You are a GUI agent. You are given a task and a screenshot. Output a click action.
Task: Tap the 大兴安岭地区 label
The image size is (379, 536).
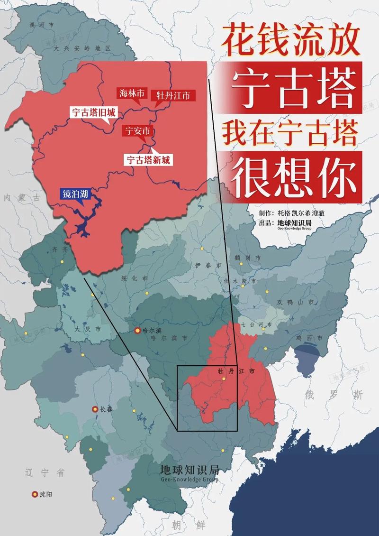pyautogui.click(x=81, y=48)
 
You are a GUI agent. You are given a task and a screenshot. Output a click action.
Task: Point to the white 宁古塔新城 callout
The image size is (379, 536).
pyautogui.click(x=148, y=159)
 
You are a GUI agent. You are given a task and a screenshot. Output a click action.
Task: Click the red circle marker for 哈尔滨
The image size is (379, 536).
pyautogui.click(x=138, y=330)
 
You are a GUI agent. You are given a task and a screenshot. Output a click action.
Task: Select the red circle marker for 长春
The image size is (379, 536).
pyautogui.click(x=95, y=409)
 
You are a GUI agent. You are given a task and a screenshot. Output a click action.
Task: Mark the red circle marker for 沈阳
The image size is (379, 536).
pyautogui.click(x=35, y=494)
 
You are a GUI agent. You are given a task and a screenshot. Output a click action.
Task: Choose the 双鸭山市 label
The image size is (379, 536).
pyautogui.click(x=295, y=302)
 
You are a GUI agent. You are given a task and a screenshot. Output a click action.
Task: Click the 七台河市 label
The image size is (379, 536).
pyautogui.click(x=256, y=325)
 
